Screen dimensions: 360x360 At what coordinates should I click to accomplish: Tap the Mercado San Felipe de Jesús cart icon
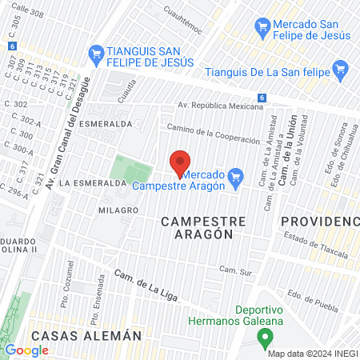coord(261,26)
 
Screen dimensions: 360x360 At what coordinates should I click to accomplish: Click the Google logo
coord(26,350)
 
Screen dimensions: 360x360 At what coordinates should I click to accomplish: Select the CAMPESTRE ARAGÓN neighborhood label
coord(197,226)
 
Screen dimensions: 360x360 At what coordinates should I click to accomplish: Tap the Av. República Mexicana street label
coord(220,106)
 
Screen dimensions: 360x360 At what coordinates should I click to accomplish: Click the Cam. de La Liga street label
coord(146,284)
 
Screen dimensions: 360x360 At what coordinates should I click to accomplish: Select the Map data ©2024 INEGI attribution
coord(311,354)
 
